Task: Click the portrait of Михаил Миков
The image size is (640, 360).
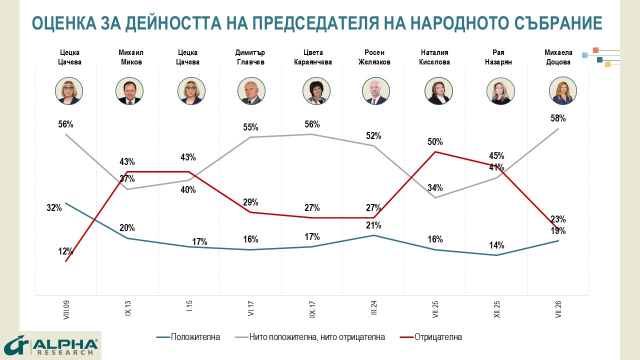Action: [129, 91]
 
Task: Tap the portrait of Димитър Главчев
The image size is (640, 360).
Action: [251, 91]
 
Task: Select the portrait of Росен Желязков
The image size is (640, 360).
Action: [375, 91]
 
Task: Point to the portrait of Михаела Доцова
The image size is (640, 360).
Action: [563, 91]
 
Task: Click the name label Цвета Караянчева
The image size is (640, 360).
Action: [313, 57]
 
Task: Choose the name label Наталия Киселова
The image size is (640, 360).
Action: [434, 57]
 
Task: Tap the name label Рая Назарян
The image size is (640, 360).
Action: [498, 57]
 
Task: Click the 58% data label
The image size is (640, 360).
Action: [558, 118]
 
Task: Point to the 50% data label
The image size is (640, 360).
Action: [435, 141]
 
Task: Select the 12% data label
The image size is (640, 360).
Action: [65, 251]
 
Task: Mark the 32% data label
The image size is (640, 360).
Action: [54, 207]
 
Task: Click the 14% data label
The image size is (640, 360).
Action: [496, 245]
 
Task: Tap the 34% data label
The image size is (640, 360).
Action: [435, 187]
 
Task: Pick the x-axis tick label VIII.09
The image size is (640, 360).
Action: [66, 310]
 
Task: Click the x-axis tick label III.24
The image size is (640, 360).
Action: [373, 307]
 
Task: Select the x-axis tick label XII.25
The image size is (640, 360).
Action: [497, 309]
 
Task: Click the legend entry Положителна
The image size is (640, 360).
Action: [188, 337]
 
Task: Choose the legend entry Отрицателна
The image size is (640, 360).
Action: [430, 337]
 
